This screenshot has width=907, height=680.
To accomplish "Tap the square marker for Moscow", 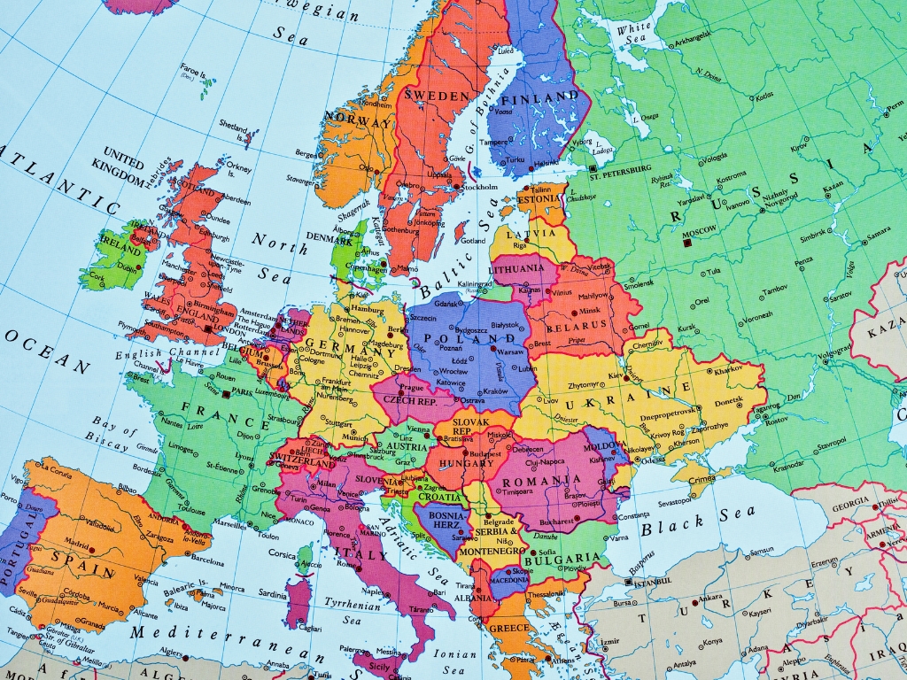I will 687,240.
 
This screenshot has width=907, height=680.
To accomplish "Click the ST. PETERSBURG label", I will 627,167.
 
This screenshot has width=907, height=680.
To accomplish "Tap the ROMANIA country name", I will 541,481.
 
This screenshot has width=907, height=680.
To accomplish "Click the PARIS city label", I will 242,390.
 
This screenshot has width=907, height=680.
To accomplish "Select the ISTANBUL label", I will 654,583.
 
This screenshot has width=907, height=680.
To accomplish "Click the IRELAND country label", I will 121,240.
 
